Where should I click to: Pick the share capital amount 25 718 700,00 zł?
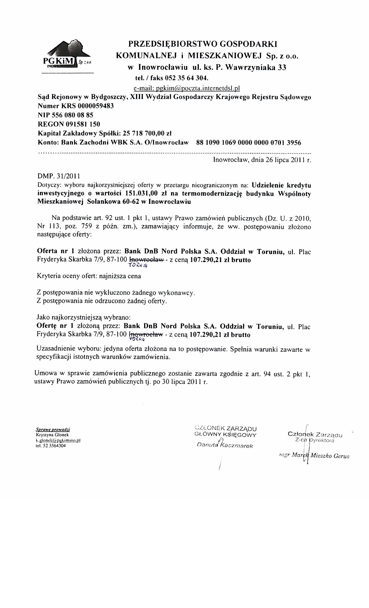coord(147,133)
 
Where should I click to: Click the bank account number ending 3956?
coord(248,143)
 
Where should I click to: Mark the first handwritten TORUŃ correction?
coord(138,266)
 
